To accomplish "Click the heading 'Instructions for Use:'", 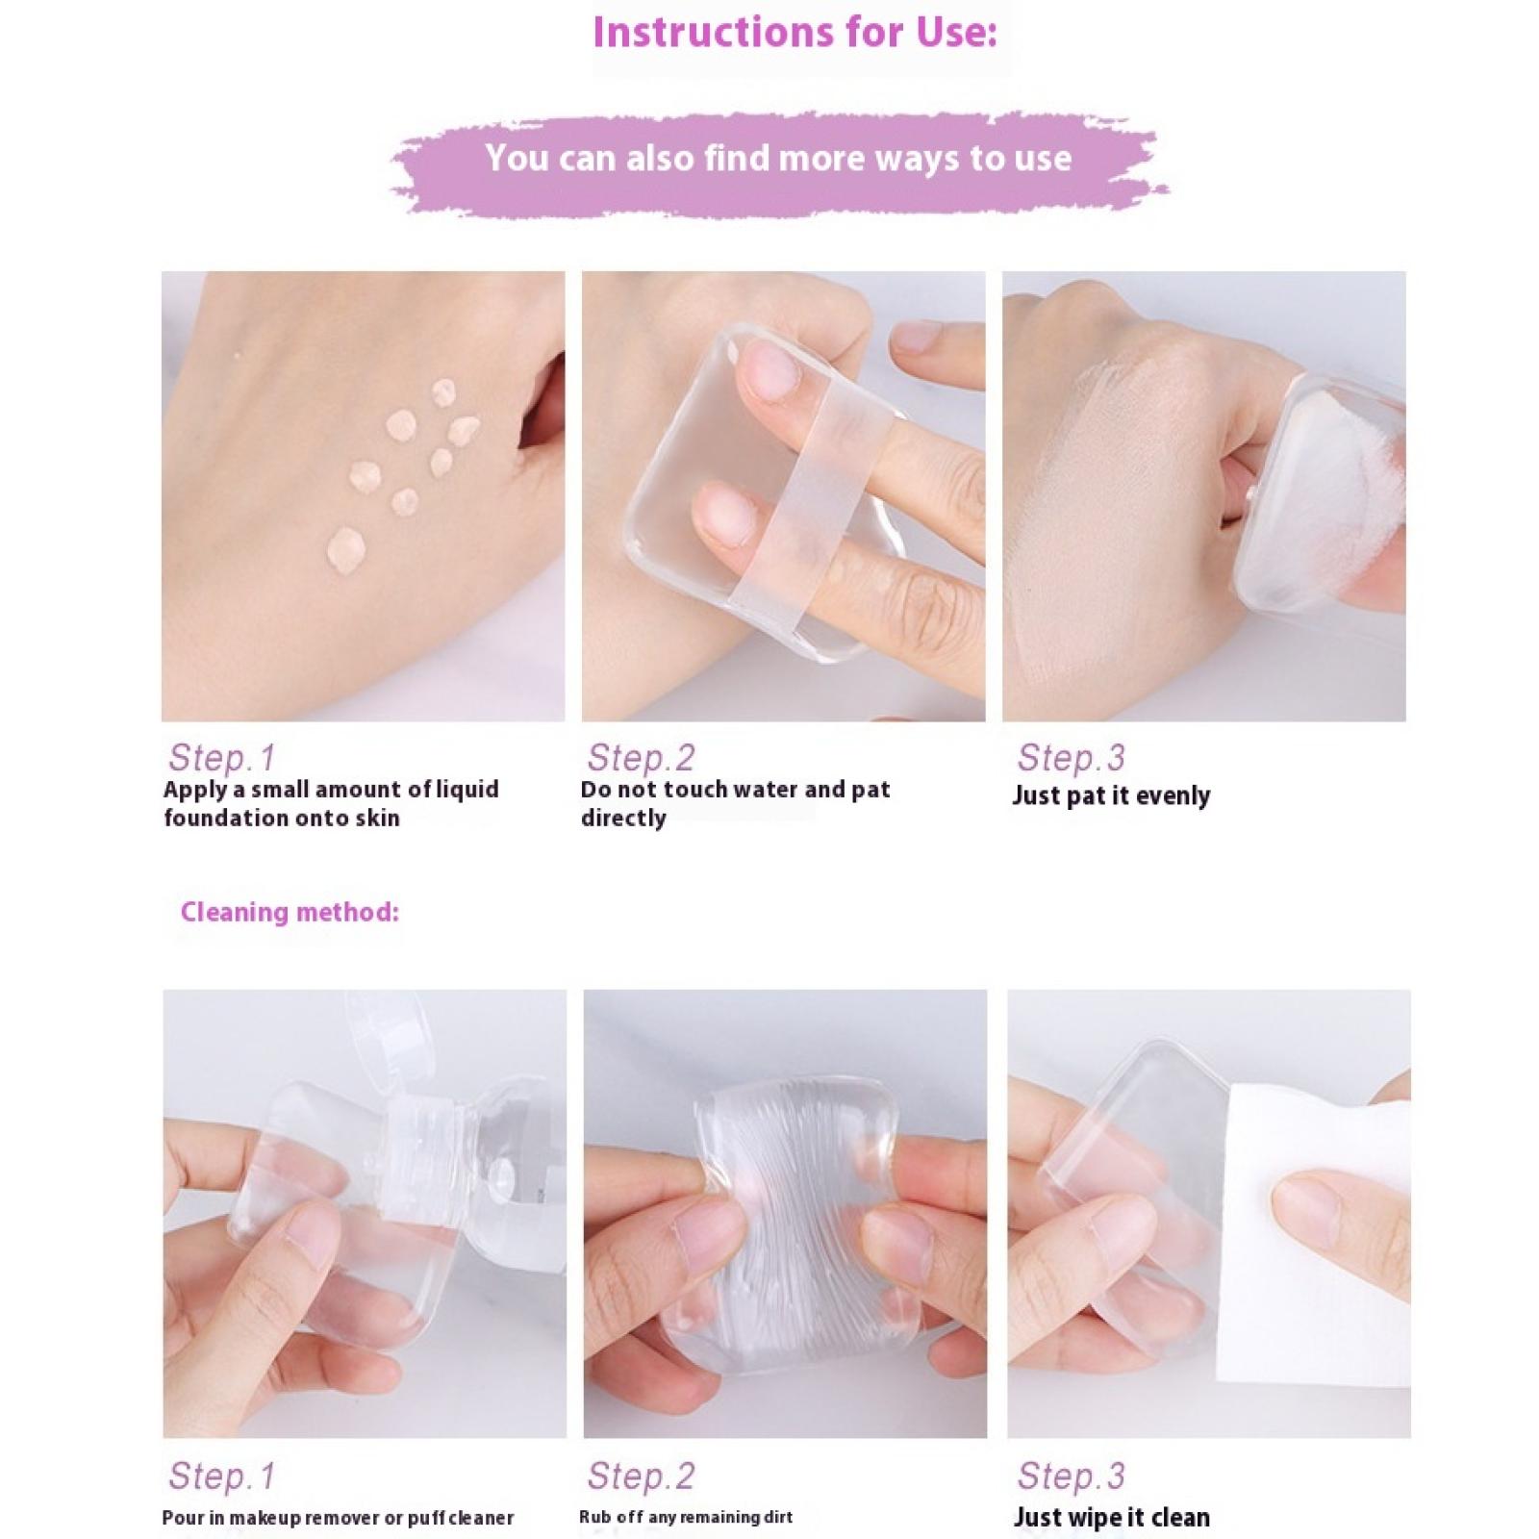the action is tap(795, 32).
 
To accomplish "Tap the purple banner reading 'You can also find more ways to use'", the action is tap(778, 159).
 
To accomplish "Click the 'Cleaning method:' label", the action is tap(290, 912).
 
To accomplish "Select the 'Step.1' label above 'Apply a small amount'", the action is tap(222, 758).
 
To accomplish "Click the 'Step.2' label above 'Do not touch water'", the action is tap(641, 758).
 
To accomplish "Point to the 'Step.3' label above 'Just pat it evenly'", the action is tap(1071, 758).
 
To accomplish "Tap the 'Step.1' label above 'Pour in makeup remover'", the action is tap(222, 1476).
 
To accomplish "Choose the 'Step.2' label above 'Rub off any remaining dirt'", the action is tap(641, 1476).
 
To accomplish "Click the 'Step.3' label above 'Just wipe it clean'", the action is tap(1071, 1476).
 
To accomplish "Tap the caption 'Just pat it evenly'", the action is tap(1111, 796).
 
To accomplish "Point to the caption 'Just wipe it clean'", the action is tap(1111, 1518).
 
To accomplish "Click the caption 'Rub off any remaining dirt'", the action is tap(686, 1518).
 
